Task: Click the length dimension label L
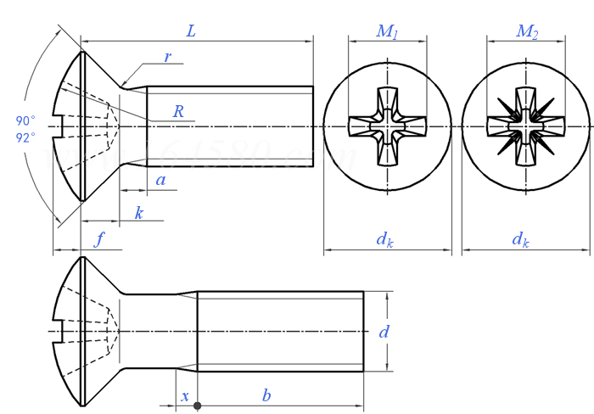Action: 192,31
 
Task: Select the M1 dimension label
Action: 387,32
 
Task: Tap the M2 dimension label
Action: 527,32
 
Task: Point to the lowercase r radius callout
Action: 168,58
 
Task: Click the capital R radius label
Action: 178,111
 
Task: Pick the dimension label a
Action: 160,180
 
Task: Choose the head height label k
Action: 139,212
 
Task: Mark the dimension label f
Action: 99,239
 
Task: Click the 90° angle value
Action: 25,120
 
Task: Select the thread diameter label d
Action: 384,332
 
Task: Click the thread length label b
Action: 266,395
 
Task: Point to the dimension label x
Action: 185,395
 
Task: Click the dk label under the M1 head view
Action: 384,239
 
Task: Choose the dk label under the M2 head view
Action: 520,239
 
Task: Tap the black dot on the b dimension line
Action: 197,406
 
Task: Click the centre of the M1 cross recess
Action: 387,127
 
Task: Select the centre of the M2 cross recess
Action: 526,127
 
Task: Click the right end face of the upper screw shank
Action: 312,126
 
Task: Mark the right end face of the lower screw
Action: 363,331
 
